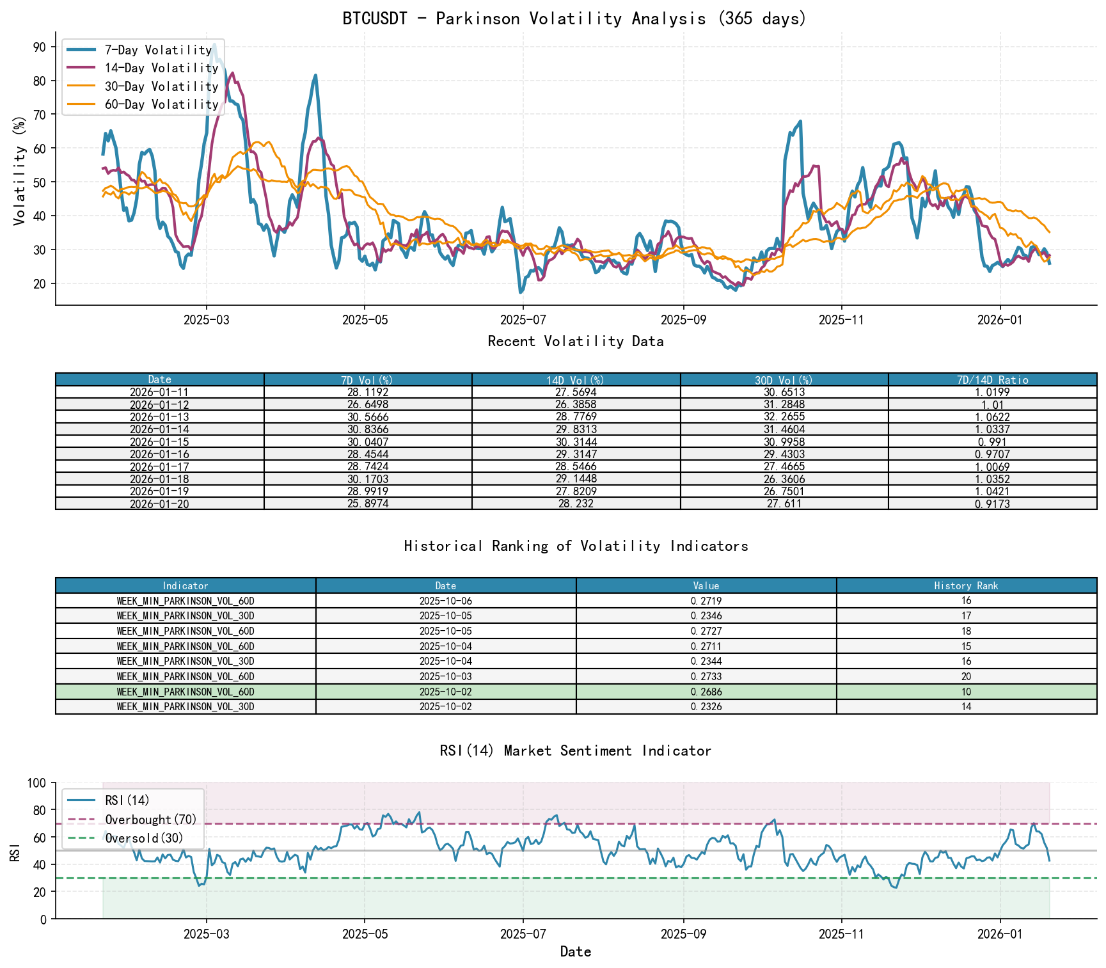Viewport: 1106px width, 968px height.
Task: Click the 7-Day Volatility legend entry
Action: [x=158, y=50]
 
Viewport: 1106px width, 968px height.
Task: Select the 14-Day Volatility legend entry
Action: [x=161, y=68]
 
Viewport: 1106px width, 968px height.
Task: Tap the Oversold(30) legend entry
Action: [x=144, y=838]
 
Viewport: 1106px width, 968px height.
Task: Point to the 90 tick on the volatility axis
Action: [x=40, y=47]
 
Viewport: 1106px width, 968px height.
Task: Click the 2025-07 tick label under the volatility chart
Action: [x=523, y=320]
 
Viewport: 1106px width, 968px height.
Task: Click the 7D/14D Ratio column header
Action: [x=992, y=380]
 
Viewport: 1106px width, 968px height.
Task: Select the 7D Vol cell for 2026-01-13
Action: [x=368, y=417]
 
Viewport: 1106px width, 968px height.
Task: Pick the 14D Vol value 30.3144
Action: [x=576, y=442]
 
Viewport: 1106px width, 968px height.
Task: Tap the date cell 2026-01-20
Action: [x=159, y=504]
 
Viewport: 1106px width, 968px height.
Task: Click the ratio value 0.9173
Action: [x=992, y=504]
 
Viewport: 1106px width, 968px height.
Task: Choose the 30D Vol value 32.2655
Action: [x=784, y=417]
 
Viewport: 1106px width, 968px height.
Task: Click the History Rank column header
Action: [x=966, y=586]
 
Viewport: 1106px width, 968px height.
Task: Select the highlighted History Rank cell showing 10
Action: [x=966, y=692]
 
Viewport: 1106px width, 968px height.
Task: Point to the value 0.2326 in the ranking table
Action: [x=706, y=707]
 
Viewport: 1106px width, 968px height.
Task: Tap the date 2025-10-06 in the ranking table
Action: [x=446, y=601]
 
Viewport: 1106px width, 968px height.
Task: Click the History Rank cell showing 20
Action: [x=966, y=677]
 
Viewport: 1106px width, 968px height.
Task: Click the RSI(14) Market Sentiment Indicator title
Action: [x=575, y=751]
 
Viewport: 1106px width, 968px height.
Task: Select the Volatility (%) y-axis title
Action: [x=19, y=170]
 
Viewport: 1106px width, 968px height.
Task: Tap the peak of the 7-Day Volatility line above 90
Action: [x=214, y=44]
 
